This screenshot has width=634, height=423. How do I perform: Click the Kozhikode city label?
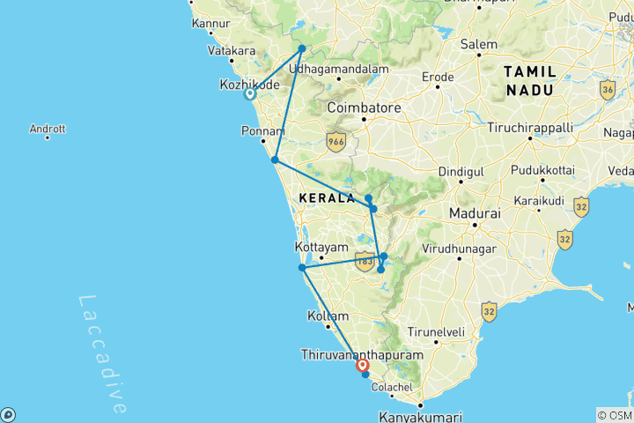(x=249, y=85)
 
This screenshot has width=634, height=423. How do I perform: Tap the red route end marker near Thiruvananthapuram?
(x=362, y=364)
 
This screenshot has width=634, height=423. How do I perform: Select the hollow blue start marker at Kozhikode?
(x=250, y=94)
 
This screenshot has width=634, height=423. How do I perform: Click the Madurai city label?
(x=474, y=213)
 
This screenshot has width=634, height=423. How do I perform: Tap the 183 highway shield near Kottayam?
(x=365, y=260)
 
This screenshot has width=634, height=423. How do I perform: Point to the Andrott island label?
(x=48, y=129)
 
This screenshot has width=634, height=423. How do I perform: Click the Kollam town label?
(x=328, y=315)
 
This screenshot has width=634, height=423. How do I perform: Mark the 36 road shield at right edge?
(x=607, y=89)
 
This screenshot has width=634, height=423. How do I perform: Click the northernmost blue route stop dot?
(x=302, y=48)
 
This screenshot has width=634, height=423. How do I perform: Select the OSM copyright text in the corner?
(x=614, y=415)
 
